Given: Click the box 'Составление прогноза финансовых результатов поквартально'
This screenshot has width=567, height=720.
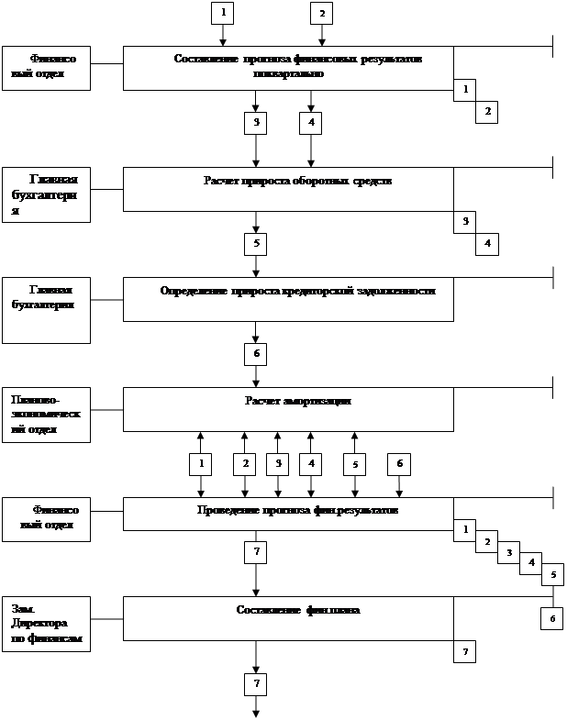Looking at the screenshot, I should pos(288,68).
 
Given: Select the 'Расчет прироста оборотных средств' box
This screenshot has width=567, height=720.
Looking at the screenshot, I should pos(288,189).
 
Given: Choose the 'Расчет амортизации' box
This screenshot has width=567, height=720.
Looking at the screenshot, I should pos(288,409).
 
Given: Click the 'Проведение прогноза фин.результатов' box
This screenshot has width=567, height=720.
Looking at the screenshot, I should pos(288,514).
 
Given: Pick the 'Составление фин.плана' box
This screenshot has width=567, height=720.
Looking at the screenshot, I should pos(288,618).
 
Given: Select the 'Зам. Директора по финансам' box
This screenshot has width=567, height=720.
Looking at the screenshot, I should pos(46,624).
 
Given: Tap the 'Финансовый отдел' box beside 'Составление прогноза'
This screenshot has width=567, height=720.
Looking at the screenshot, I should pos(46,68).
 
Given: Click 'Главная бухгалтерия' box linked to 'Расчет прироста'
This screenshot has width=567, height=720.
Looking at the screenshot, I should pos(46,194).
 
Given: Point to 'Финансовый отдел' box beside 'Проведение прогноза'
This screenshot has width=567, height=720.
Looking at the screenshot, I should pos(46,519).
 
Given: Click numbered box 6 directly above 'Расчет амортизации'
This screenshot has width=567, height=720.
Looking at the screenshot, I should pos(256,354).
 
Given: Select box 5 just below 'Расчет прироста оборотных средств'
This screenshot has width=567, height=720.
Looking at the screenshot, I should pos(256,244).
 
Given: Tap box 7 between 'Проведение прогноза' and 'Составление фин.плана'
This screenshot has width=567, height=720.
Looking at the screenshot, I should pos(256,552).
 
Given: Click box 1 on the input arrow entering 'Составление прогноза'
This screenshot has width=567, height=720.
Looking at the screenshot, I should pos(223,13).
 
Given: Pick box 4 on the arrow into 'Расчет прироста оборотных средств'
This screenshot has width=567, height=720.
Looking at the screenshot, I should pos(311,123).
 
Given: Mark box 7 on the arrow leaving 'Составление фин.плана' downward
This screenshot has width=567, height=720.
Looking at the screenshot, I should pos(256,684).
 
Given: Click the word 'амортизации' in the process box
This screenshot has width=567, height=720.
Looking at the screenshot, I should pos(318,401).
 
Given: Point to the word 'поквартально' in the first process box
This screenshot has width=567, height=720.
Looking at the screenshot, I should pos(289,75).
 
